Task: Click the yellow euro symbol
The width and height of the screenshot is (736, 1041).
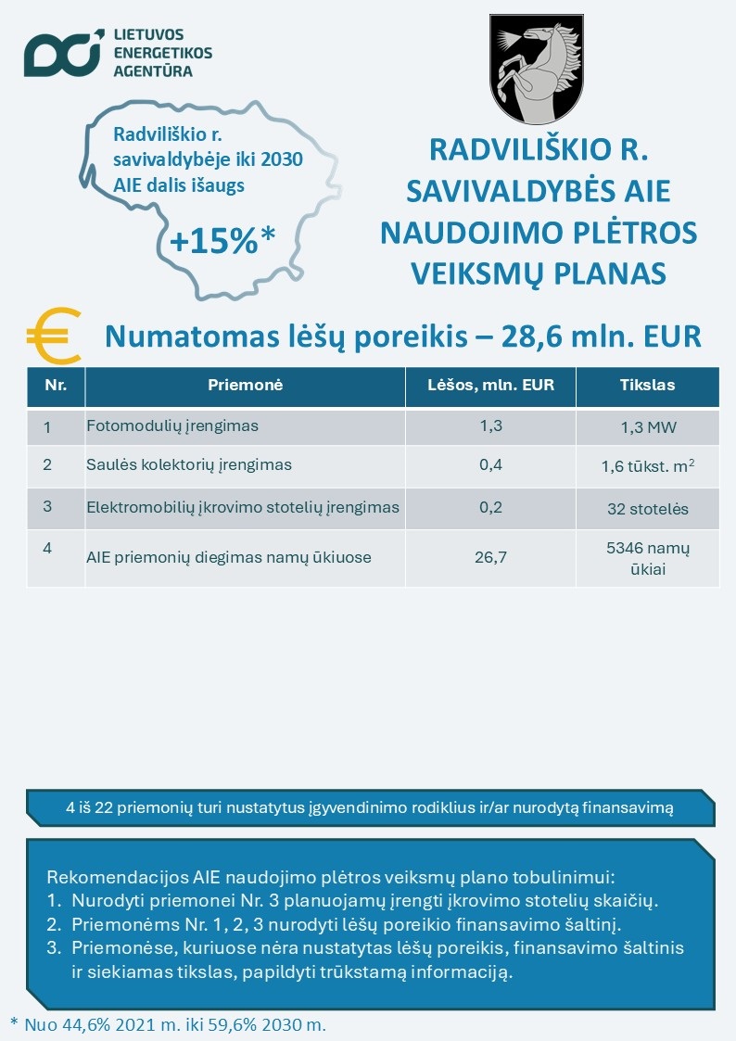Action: click(52, 336)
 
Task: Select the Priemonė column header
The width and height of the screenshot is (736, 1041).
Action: click(245, 385)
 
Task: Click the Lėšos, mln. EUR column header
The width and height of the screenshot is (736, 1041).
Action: click(490, 385)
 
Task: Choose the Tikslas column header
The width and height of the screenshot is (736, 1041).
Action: click(647, 385)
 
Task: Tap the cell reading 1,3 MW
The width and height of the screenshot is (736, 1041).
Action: click(647, 427)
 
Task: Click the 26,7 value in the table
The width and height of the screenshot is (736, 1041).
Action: click(490, 558)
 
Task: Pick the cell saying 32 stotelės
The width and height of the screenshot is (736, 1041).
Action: click(647, 508)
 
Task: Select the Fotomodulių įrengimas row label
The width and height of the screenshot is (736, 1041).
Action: click(171, 426)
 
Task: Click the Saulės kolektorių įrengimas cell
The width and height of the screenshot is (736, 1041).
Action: click(188, 464)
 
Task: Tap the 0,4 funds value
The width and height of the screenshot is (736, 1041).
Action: click(490, 464)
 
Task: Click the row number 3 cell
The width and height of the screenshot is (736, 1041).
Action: click(47, 507)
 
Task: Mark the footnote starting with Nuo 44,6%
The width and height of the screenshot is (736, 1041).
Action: click(168, 1024)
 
